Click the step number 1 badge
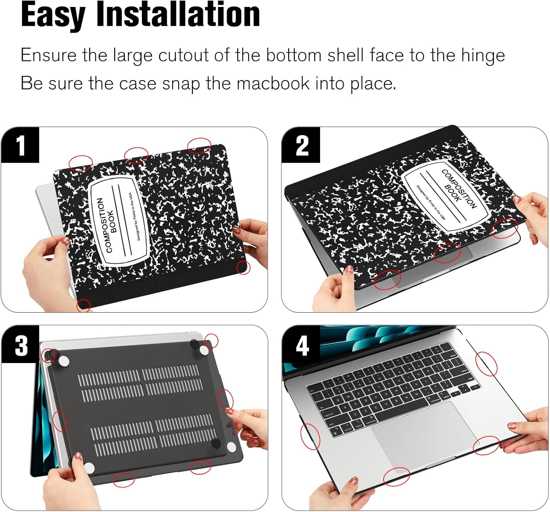click(20, 145)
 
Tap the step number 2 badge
click(301, 145)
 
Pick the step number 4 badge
click(301, 345)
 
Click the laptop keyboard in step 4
click(392, 389)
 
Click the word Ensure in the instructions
click(48, 56)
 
